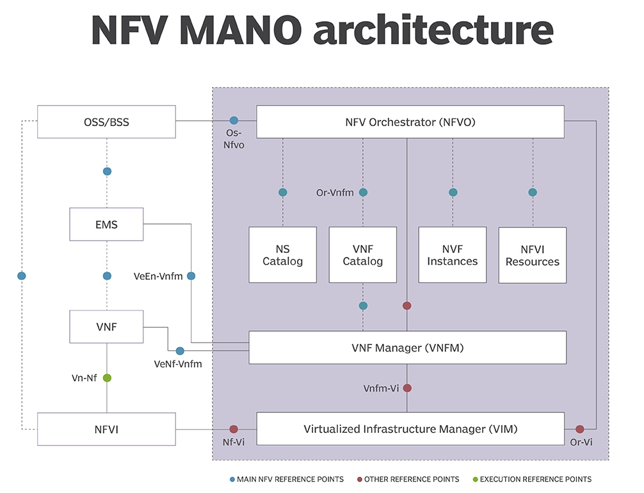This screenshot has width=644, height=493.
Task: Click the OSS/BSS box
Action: click(x=106, y=122)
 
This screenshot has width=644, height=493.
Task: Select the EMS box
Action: click(x=106, y=225)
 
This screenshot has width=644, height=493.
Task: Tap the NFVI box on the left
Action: click(x=106, y=429)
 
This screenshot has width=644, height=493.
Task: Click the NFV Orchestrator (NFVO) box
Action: click(x=410, y=122)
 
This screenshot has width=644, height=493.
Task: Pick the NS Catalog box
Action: click(x=282, y=255)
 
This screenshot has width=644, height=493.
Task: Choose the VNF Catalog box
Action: click(x=362, y=255)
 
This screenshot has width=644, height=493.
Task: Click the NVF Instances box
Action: click(x=453, y=255)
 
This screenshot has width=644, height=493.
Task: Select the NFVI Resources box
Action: click(x=532, y=255)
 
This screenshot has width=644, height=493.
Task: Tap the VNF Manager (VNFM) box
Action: click(x=407, y=348)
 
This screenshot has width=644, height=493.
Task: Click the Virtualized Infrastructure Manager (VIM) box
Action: click(x=410, y=429)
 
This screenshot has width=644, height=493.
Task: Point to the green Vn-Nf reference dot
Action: click(x=107, y=378)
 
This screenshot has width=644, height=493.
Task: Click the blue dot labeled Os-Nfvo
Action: click(x=234, y=120)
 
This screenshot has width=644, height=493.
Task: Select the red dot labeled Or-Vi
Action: click(x=580, y=429)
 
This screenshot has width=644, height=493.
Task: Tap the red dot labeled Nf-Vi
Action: click(x=234, y=429)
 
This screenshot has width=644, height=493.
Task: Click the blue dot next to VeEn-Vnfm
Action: click(x=191, y=276)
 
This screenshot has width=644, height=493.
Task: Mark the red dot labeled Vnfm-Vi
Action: click(x=407, y=388)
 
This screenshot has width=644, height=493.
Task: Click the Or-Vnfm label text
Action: click(x=334, y=192)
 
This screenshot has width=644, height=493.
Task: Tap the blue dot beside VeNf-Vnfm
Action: click(x=180, y=351)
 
